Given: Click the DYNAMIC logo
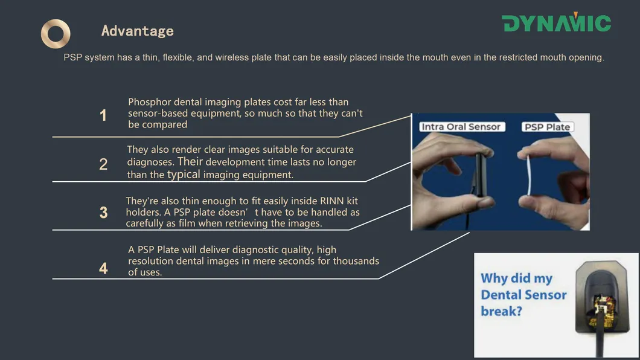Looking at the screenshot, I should (x=556, y=23).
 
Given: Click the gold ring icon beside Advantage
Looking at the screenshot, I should (x=56, y=34).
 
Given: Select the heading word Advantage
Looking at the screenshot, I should (x=137, y=31).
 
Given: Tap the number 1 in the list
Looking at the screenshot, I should (x=103, y=115).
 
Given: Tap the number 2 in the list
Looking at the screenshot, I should (x=103, y=164).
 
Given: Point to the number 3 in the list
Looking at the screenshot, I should (x=103, y=213).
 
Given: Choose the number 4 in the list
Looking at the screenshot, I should (x=103, y=268).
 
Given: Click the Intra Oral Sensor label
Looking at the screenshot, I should (x=461, y=127).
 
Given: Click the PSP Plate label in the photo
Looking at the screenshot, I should (x=547, y=127).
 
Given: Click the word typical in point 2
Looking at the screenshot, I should (x=184, y=175).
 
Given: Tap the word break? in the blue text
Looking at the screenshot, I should (x=501, y=312).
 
